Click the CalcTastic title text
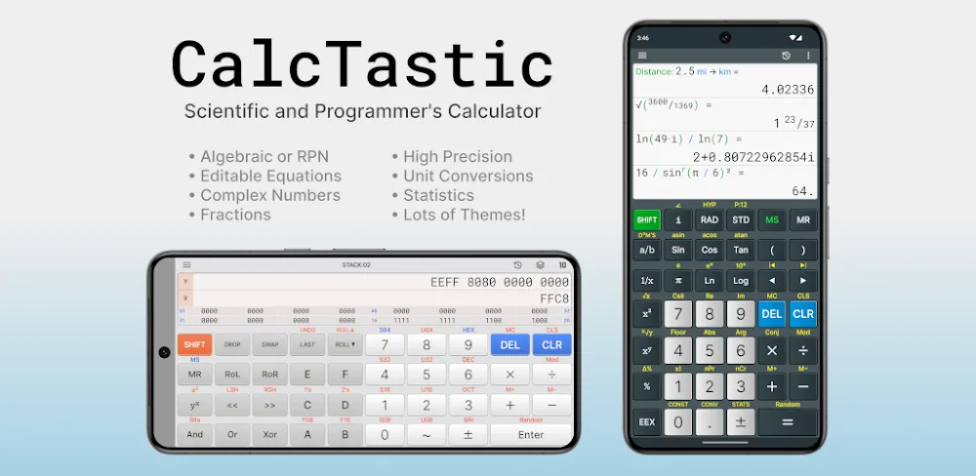point(362,63)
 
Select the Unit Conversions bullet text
point(468,177)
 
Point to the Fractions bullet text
point(235,215)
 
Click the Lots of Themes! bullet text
point(464,215)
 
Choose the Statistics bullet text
point(438,195)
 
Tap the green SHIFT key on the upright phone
point(646,220)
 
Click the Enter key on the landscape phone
point(531,434)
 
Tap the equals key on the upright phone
point(788,421)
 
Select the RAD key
point(709,220)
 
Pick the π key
point(677,281)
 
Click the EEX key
point(646,421)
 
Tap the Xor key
point(269,434)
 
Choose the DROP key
point(232,345)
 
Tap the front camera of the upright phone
point(725,38)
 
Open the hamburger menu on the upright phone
point(642,56)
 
